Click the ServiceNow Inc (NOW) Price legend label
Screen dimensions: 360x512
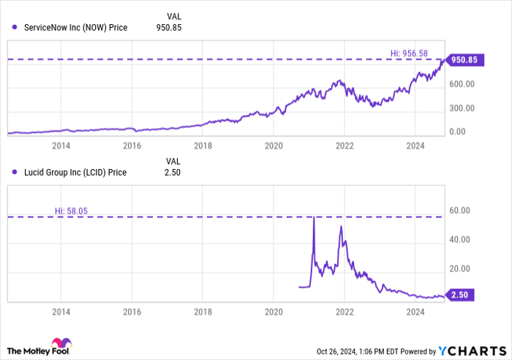click(75, 28)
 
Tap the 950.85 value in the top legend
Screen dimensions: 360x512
click(168, 28)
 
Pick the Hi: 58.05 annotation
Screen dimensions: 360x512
click(69, 211)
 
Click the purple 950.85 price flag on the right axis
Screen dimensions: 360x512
click(467, 60)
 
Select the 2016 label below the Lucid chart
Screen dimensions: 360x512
click(131, 310)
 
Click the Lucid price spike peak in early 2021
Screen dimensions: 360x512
click(314, 217)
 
